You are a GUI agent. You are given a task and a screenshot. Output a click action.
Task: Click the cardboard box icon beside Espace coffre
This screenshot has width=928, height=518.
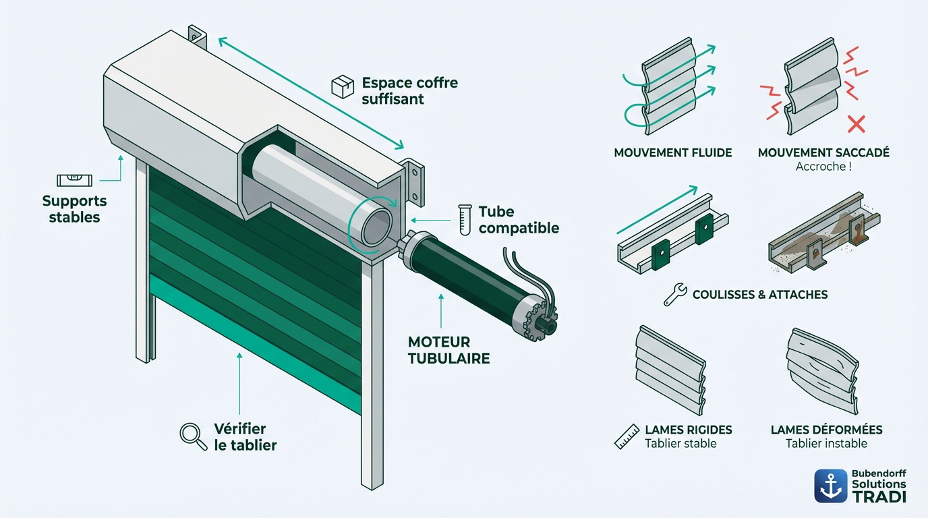343,86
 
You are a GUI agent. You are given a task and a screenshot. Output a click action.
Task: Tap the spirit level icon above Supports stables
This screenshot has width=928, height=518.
75,180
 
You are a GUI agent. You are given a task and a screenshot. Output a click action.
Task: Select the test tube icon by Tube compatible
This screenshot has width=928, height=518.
465,220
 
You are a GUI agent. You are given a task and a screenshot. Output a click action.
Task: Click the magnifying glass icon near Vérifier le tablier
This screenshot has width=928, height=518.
193,436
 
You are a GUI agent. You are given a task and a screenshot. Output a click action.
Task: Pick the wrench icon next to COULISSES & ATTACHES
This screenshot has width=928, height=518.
675,295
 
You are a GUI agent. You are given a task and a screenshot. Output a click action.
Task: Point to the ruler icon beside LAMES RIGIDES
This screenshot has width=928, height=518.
627,437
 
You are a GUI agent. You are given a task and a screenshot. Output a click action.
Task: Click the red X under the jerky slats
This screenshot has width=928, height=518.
856,124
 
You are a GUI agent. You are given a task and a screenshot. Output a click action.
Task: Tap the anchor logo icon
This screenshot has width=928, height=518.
831,486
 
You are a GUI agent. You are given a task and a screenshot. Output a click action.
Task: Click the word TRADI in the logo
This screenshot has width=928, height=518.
879,496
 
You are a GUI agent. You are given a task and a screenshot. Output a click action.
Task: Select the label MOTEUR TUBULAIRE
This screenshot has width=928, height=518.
448,350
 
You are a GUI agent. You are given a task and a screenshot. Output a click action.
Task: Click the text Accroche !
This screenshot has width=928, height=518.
823,167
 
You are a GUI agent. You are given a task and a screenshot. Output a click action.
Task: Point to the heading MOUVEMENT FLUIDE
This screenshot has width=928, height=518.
673,153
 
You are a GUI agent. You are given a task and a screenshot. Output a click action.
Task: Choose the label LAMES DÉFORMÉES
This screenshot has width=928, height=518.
827,430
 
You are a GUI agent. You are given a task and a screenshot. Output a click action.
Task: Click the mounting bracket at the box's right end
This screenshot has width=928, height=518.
413,182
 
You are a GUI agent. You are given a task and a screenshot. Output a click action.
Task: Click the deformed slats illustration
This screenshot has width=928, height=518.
822,371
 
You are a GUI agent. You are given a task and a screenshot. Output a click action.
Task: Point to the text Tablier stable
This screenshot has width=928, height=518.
680,443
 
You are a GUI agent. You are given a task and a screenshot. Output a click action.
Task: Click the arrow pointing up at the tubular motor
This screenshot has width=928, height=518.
441,311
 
